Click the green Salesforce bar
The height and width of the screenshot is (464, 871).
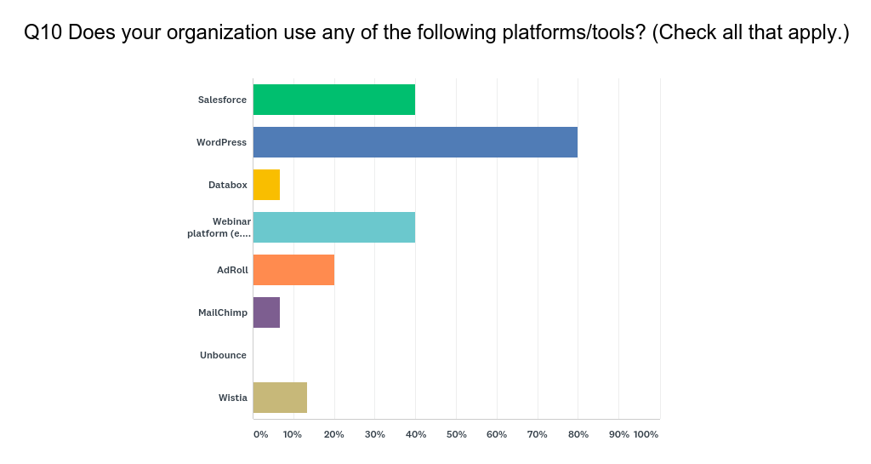[x=333, y=100]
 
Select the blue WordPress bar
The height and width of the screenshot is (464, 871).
[x=415, y=142]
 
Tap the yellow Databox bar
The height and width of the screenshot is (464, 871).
[x=266, y=185]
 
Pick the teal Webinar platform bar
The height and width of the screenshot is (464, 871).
[x=333, y=227]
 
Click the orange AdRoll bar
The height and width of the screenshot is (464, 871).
[x=293, y=270]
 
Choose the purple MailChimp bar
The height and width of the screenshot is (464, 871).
[x=266, y=312]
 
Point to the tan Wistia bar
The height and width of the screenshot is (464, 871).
[x=280, y=398]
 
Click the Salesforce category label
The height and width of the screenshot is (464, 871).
[x=222, y=100]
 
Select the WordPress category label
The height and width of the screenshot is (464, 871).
[x=221, y=142]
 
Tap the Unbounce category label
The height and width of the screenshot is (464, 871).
[x=223, y=355]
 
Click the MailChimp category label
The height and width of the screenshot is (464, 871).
[x=223, y=312]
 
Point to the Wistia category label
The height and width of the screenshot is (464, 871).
[x=232, y=398]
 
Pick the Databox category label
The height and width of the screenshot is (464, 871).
[x=227, y=185]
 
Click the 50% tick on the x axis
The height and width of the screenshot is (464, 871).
[x=456, y=434]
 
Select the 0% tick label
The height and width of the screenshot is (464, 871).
[x=260, y=434]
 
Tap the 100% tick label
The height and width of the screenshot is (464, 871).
[x=646, y=434]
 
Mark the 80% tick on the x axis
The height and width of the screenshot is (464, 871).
[x=578, y=434]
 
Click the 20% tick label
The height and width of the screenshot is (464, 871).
[x=333, y=434]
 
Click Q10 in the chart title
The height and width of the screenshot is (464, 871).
[x=42, y=33]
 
